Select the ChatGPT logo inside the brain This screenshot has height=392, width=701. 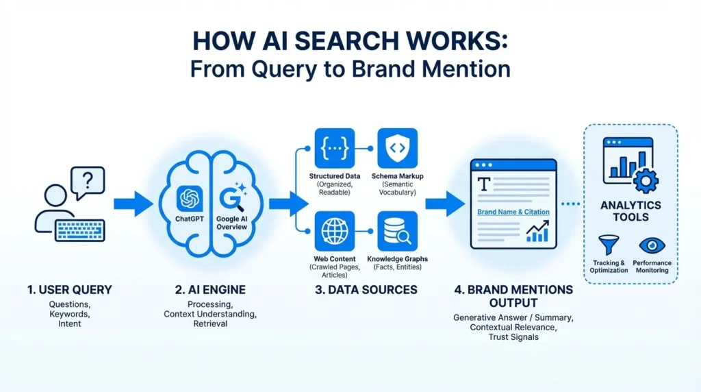coord(188,198)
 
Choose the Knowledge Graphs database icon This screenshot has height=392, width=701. coord(397,231)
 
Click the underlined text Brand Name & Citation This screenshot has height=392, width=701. coord(513,212)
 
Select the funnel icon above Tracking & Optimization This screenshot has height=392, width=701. coord(608,245)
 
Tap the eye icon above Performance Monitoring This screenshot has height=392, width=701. coord(652,245)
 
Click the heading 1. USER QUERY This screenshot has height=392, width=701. coord(69,289)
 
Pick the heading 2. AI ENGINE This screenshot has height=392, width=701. coord(209,289)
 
